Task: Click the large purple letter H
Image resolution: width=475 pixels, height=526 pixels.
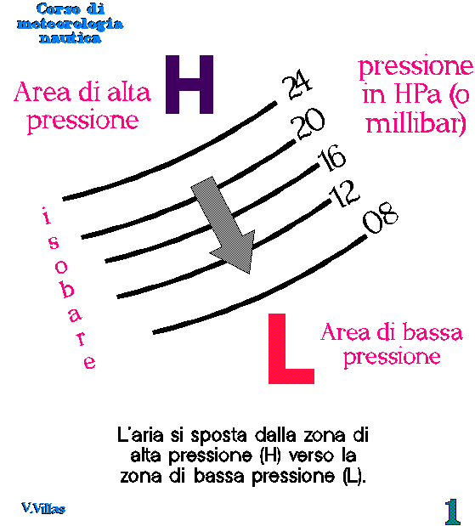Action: [x=189, y=84]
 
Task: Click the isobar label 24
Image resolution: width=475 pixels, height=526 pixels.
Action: [x=297, y=84]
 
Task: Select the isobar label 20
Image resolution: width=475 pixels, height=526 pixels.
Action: [x=308, y=123]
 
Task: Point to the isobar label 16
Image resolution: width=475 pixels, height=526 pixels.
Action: [x=331, y=158]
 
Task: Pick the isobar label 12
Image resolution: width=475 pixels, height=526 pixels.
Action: [x=344, y=194]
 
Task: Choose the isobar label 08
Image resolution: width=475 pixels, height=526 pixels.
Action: [x=381, y=218]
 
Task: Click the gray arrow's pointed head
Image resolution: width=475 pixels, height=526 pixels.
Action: [x=250, y=274]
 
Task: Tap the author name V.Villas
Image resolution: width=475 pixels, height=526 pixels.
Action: [x=43, y=508]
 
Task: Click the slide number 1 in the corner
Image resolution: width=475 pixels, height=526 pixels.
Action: [x=453, y=512]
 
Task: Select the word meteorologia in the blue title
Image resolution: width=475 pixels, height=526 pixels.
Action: [x=71, y=24]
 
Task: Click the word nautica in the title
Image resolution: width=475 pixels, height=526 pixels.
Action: [x=71, y=37]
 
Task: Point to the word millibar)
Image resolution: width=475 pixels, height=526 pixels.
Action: [x=416, y=123]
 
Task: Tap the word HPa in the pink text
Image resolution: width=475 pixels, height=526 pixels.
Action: [x=417, y=93]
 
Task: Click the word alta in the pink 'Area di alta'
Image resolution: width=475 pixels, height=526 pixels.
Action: [x=129, y=93]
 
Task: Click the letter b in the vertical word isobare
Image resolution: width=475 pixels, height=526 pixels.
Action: [x=67, y=290]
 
